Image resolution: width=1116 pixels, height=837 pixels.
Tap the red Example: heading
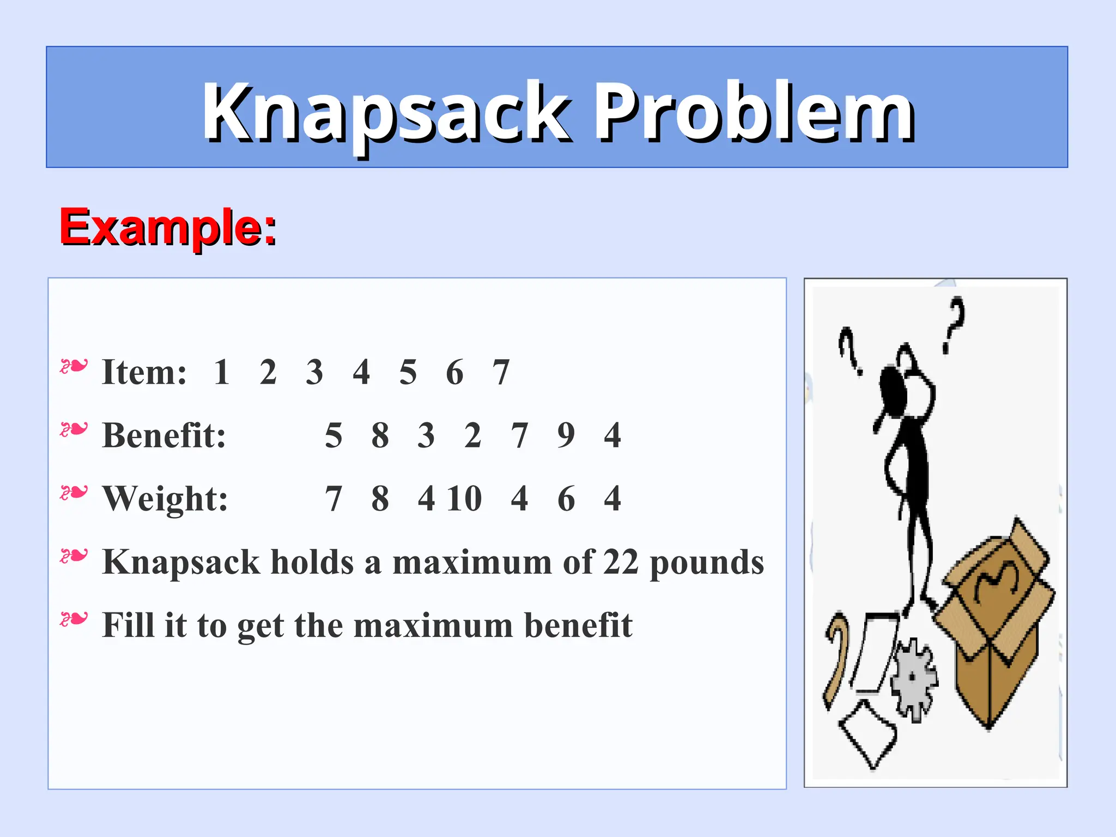click(168, 227)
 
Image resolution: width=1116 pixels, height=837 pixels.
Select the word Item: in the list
click(144, 372)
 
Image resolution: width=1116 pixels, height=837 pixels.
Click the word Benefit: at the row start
click(164, 435)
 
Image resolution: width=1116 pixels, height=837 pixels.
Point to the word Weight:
click(165, 499)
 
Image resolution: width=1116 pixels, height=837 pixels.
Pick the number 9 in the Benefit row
click(566, 435)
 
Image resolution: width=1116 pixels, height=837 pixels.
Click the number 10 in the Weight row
click(465, 499)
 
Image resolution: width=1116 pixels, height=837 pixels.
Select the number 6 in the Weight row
click(566, 499)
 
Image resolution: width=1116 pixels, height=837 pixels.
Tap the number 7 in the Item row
click(501, 372)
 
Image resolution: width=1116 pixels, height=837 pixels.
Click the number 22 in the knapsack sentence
click(621, 562)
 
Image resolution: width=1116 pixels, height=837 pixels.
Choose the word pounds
click(707, 563)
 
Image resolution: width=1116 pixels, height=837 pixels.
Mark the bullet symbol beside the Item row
click(74, 367)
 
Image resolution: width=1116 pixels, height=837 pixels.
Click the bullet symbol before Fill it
click(74, 620)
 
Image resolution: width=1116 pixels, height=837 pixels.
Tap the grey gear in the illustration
click(914, 678)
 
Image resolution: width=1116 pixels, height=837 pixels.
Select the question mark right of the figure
click(954, 324)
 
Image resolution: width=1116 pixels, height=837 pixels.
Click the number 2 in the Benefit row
click(473, 435)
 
